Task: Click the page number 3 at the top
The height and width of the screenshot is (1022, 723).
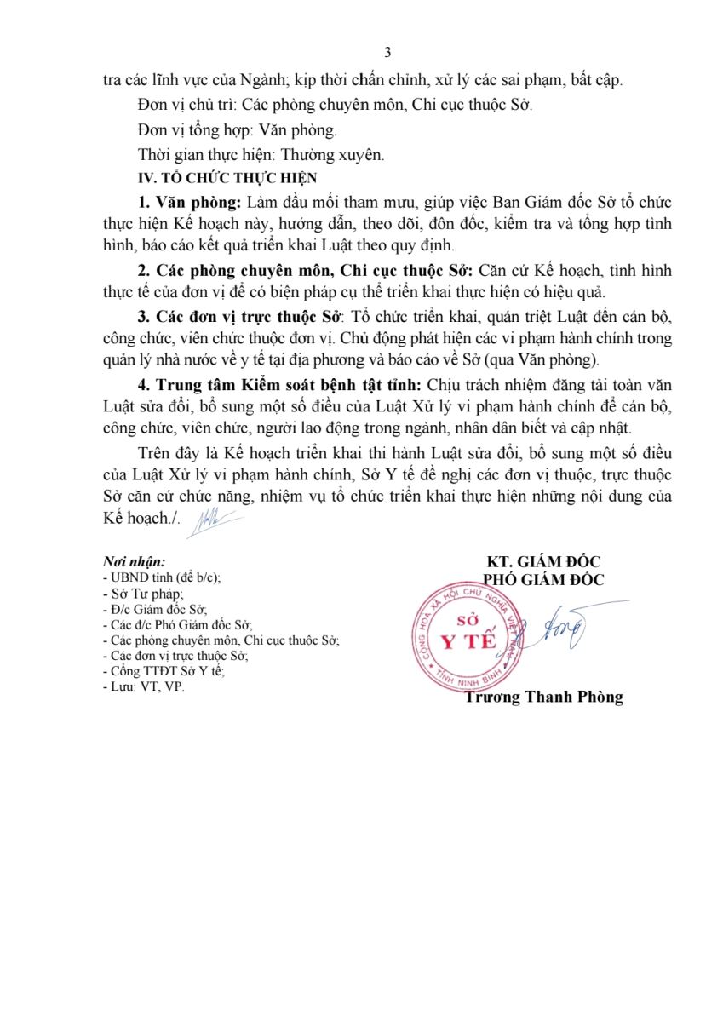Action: [x=387, y=53]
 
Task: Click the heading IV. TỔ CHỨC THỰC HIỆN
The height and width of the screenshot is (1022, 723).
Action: [x=227, y=178]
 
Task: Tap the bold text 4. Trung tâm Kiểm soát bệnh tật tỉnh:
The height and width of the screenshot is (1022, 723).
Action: [x=280, y=383]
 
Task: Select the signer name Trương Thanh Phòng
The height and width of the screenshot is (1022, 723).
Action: [x=544, y=697]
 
